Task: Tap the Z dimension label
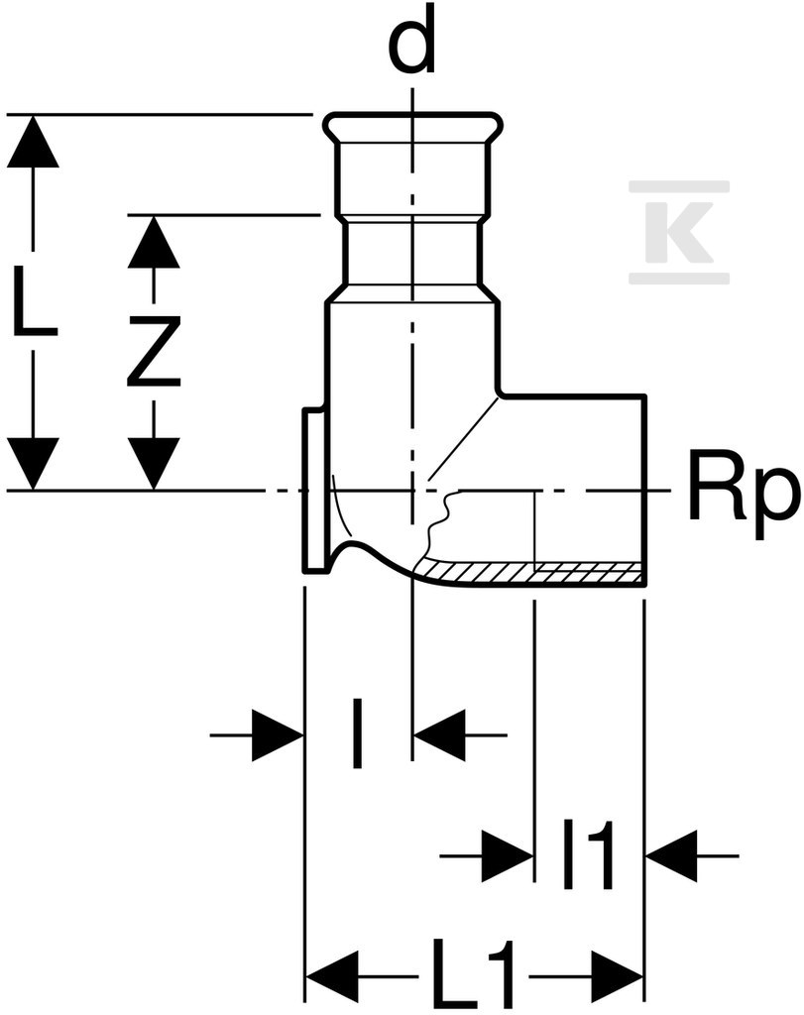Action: pos(154,351)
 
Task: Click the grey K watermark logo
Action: pos(680,232)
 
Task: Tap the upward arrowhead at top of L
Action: pos(33,141)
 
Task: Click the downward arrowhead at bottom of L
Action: pos(33,464)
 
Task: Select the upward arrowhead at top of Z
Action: pos(154,242)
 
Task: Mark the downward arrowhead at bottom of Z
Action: pos(154,464)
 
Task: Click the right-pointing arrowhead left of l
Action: pos(278,735)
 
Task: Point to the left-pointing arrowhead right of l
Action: pos(439,735)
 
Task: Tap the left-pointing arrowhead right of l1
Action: pos(671,855)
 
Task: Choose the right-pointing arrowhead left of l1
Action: pos(508,855)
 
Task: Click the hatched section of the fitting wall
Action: pos(530,570)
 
